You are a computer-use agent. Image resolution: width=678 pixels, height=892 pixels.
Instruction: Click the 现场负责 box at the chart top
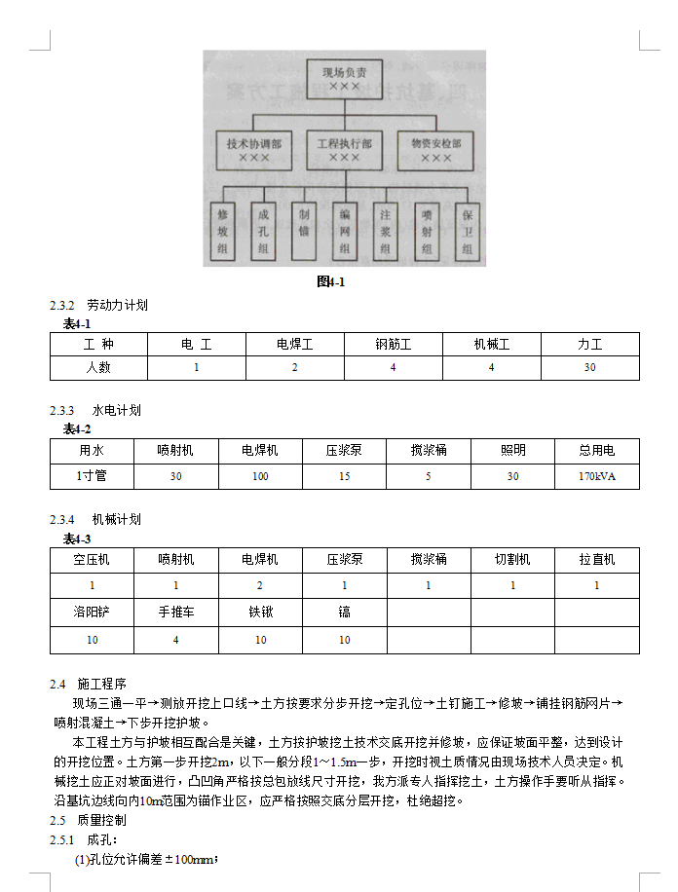point(344,79)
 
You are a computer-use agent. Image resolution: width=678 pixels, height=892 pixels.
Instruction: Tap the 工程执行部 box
point(344,149)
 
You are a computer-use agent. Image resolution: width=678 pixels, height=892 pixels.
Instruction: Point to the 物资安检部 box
point(435,149)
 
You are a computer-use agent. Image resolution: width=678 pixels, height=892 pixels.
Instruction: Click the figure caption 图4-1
point(331,282)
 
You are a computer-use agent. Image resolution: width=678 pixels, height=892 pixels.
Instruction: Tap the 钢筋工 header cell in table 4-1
point(393,344)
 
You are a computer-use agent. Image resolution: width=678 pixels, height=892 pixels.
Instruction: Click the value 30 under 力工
point(589,367)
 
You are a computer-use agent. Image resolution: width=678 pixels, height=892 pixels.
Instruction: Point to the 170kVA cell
point(596,477)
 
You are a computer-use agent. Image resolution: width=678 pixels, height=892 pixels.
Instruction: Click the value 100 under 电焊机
point(260,477)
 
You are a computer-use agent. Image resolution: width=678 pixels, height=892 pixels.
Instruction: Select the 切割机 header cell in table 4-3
point(512,560)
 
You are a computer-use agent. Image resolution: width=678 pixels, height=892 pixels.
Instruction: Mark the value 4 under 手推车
point(175,640)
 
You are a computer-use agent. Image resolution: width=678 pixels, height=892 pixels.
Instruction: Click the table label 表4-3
point(77,539)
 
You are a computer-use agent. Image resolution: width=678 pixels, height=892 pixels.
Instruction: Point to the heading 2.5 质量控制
point(89,820)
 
